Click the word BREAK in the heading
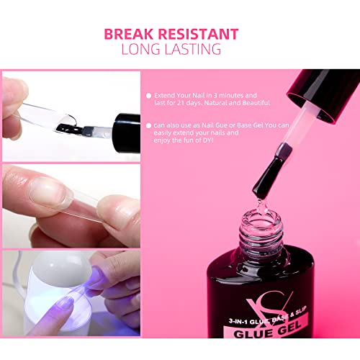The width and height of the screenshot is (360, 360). click(129, 34)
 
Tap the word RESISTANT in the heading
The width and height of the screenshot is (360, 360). click(199, 34)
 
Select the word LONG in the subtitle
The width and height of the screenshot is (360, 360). click(140, 49)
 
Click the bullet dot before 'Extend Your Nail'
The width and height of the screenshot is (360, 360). click(148, 96)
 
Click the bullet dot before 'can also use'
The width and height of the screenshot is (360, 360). click(148, 125)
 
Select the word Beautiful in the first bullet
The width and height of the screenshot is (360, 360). click(256, 103)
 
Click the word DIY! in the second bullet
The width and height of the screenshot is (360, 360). click(208, 140)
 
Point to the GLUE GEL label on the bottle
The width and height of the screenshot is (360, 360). click(267, 330)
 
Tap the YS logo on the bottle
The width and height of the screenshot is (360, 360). click(269, 305)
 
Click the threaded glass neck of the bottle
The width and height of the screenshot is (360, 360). click(261, 232)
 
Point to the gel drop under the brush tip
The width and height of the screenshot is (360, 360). click(262, 206)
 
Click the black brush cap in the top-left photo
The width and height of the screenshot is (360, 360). click(127, 132)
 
